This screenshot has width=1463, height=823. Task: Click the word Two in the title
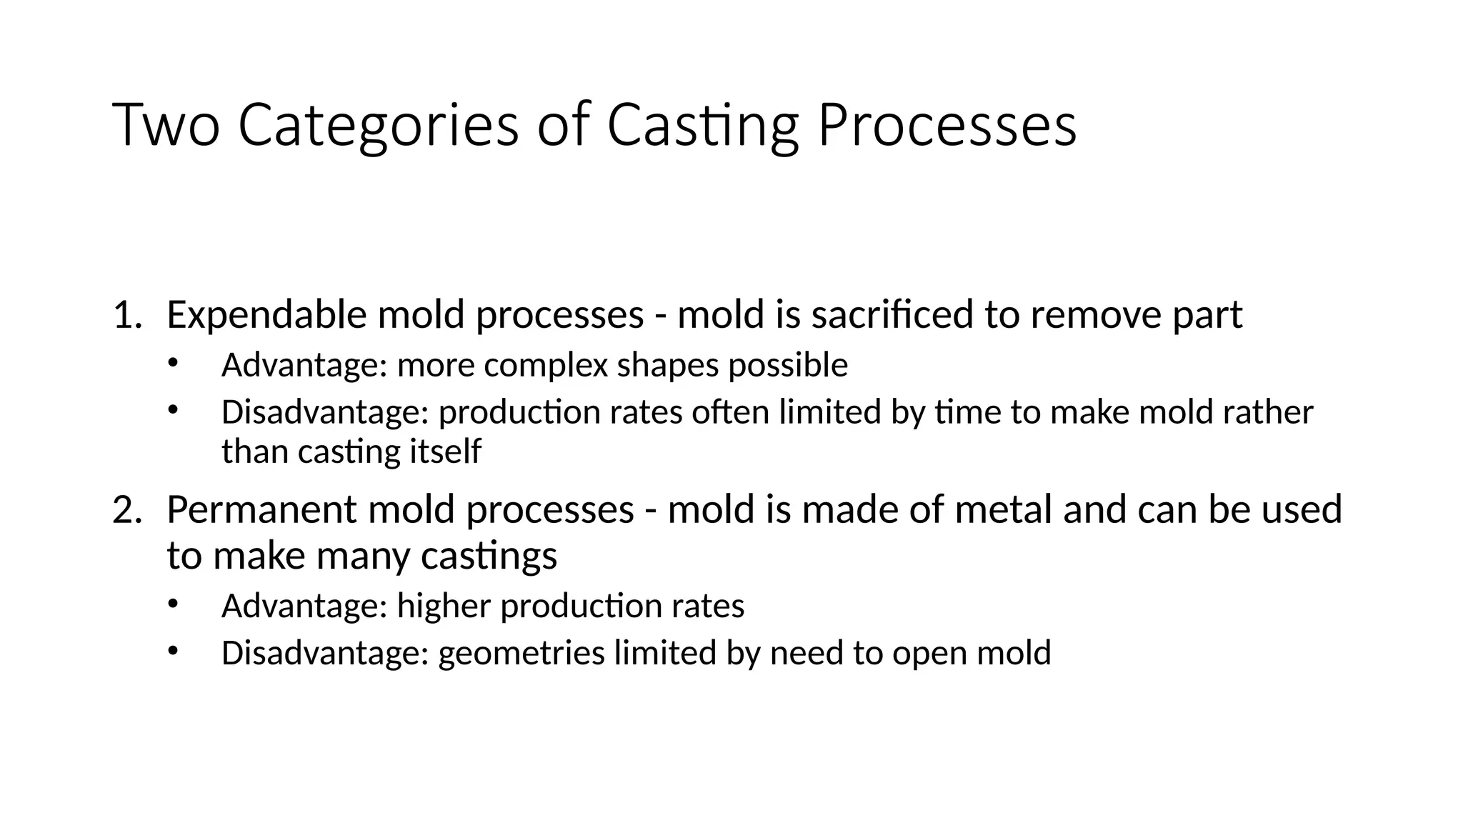[166, 126]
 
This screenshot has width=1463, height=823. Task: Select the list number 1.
[126, 315]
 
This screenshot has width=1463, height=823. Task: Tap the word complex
[544, 365]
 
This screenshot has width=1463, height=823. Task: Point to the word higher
[444, 606]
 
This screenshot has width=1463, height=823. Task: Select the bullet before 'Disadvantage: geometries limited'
[172, 649]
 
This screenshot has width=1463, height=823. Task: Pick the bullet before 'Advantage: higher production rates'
[172, 602]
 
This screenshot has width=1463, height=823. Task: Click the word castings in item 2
[489, 556]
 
